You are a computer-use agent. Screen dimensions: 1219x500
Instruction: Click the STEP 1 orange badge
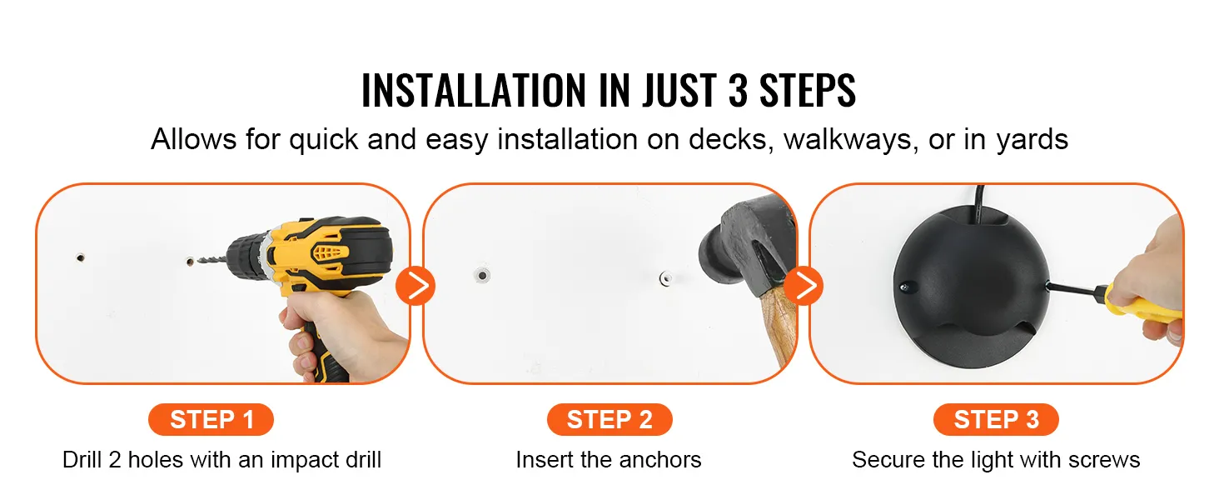point(211,419)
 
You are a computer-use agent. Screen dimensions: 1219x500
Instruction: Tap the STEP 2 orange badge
point(609,419)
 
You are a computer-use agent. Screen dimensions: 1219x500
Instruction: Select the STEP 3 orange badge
point(996,419)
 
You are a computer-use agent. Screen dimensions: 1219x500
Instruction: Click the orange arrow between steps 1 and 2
point(415,286)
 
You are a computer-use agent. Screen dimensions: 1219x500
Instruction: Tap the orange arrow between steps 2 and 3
point(804,286)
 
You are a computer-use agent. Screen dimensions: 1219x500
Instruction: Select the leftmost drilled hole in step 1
point(81,257)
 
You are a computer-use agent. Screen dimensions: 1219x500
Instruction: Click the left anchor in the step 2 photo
point(481,275)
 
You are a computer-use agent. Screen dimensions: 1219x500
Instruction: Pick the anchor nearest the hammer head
point(665,278)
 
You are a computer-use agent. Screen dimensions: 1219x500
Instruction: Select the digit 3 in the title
point(738,90)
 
